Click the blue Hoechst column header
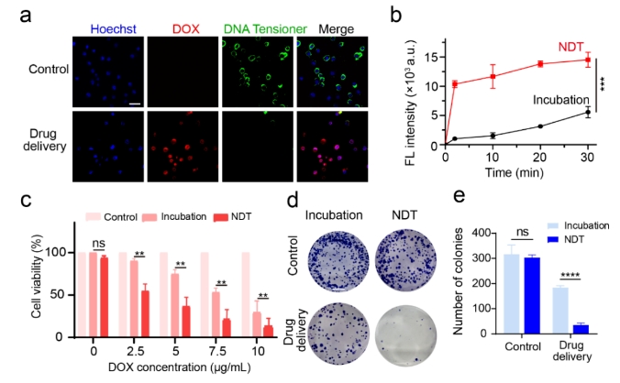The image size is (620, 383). (x=106, y=28)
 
